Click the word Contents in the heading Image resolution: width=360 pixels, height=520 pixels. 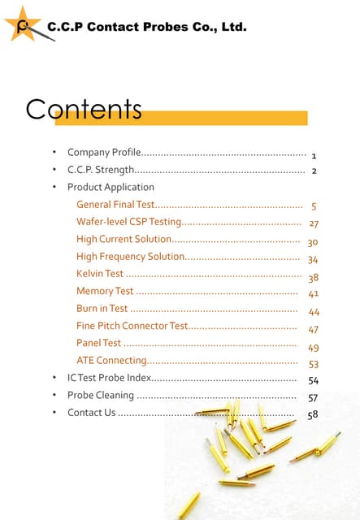tap(83, 110)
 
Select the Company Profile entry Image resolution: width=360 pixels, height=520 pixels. tap(105, 152)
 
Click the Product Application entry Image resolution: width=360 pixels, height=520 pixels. tap(111, 187)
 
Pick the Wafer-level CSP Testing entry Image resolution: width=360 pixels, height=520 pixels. tap(128, 222)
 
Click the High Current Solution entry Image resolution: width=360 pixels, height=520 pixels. tap(124, 239)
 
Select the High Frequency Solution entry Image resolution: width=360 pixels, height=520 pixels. tap(131, 257)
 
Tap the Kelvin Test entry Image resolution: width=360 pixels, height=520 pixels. tap(100, 274)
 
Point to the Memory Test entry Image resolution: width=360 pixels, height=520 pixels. tap(105, 291)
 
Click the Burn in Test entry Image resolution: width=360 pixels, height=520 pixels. tap(102, 309)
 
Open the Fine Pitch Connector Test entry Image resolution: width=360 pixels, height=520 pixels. tap(132, 326)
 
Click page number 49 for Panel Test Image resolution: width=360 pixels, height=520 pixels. tap(314, 347)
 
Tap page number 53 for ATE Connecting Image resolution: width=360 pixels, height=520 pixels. tap(314, 365)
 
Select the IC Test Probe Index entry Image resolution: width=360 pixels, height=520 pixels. tap(109, 378)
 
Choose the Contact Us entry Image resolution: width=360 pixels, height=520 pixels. tap(92, 413)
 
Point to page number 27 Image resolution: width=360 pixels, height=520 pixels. tap(314, 223)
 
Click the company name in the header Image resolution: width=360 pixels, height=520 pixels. tap(146, 27)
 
